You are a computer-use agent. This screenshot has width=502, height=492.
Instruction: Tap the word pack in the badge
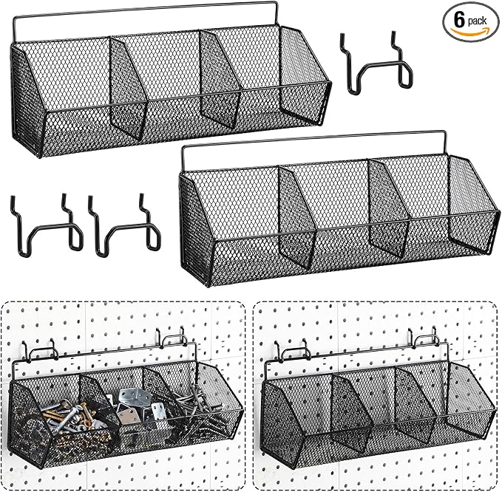(477, 21)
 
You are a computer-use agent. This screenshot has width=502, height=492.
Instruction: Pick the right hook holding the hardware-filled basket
(172, 338)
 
